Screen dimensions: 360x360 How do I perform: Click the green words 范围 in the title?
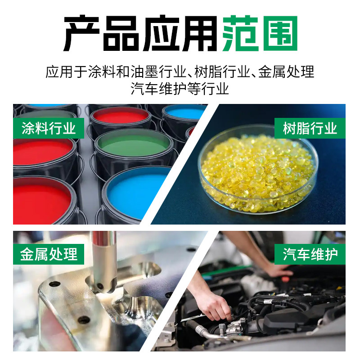[261, 34]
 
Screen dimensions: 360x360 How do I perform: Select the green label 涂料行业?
[49, 128]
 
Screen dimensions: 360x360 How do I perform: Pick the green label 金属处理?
[49, 254]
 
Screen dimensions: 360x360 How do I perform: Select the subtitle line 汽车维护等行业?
[180, 88]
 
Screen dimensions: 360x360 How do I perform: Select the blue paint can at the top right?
[184, 112]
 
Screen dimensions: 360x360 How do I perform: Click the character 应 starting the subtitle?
[52, 72]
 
